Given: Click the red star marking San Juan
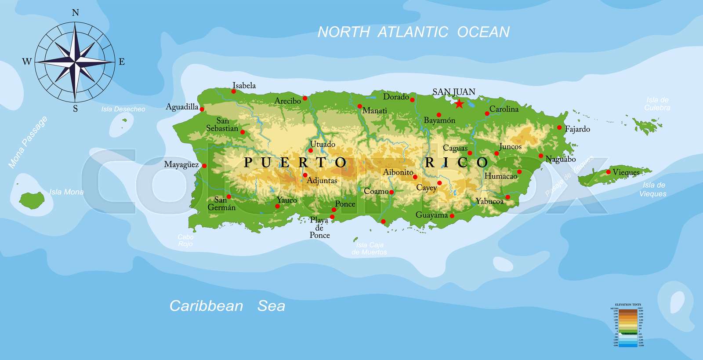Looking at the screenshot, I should (459, 104).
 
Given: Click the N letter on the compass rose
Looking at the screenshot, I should (75, 13).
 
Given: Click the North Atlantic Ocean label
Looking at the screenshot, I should (413, 32).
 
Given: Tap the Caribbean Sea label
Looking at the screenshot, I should (227, 306).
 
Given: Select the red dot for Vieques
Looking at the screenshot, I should (609, 172).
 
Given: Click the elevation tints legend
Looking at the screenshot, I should (628, 326).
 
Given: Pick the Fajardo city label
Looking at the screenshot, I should (577, 129).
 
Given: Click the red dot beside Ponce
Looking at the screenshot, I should (334, 210).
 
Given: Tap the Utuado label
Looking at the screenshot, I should (323, 144).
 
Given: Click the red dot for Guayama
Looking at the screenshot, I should (452, 216).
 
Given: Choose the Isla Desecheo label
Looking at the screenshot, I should (123, 109).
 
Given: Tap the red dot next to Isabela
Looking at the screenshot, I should (233, 91).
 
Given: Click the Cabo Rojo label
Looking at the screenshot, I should (185, 240).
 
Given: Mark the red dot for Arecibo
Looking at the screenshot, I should (305, 98).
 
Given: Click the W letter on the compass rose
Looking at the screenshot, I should (27, 62).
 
